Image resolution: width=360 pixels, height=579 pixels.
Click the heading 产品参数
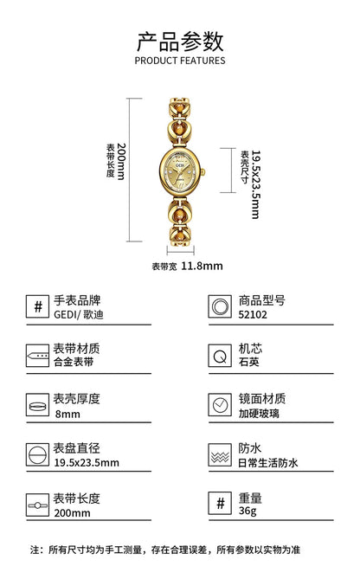[180, 42]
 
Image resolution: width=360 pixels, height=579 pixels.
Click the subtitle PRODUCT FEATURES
[180, 61]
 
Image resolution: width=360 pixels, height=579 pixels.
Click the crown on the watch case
[202, 171]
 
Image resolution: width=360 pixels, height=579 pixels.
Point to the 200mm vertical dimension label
[121, 161]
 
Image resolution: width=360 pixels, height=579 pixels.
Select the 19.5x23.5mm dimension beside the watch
[255, 184]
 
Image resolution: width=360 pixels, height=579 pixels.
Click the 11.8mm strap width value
[202, 266]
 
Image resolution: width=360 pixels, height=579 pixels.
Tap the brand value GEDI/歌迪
[79, 315]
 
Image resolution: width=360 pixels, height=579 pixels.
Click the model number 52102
[253, 315]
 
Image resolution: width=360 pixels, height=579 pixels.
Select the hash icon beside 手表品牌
[37, 306]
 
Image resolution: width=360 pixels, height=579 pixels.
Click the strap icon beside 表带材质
[37, 356]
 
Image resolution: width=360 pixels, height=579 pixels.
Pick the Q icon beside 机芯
[220, 356]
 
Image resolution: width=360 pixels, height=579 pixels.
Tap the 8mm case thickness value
[67, 414]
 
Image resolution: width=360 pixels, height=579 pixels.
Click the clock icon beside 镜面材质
[220, 405]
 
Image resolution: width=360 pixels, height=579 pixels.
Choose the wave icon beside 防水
[220, 455]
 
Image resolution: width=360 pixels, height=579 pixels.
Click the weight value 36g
[247, 511]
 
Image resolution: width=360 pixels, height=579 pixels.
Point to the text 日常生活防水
[268, 463]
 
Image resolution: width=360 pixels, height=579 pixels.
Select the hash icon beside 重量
[220, 504]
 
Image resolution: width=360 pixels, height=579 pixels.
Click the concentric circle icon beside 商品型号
[220, 306]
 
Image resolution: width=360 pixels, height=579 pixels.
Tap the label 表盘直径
[76, 448]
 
